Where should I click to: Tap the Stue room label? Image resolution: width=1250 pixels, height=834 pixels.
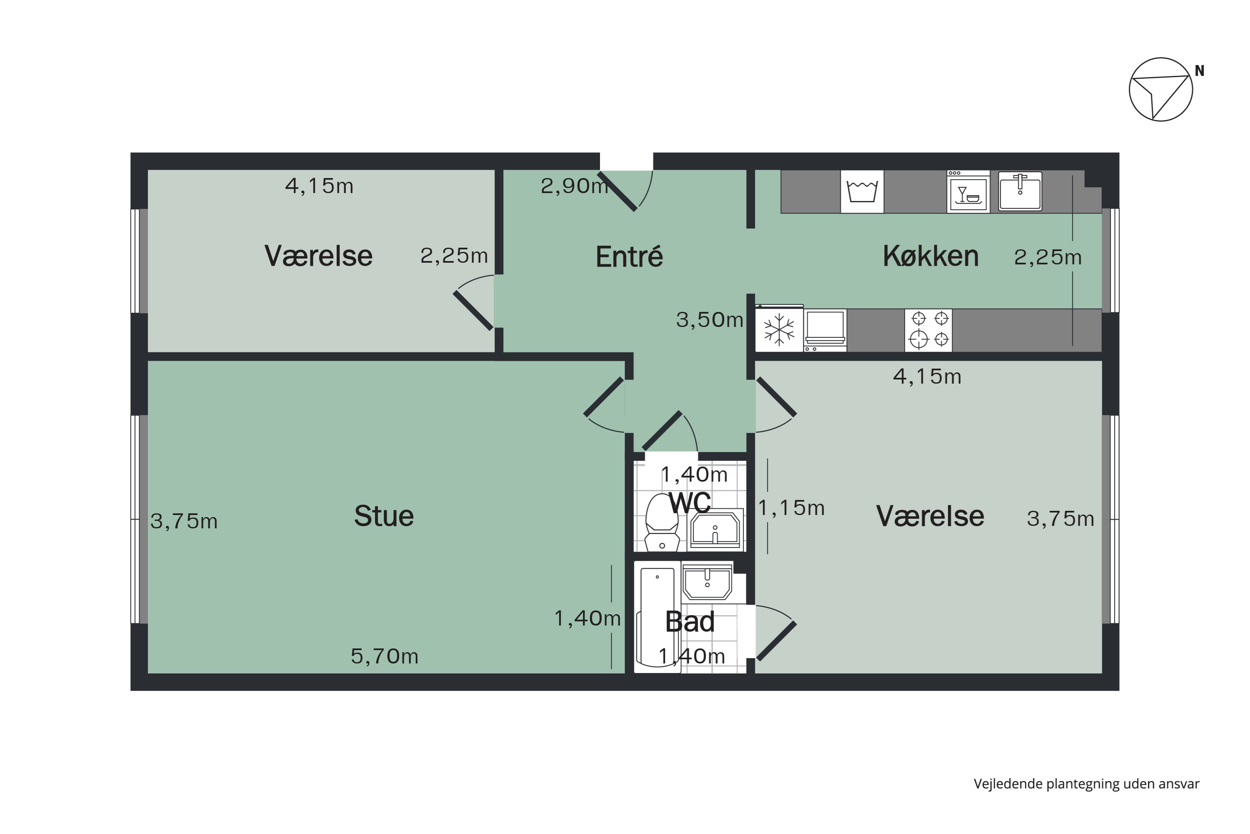384,516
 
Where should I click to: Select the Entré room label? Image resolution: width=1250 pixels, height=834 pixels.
629,257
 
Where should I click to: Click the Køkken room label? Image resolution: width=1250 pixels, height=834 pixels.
930,256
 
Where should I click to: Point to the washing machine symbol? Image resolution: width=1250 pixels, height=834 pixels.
862,192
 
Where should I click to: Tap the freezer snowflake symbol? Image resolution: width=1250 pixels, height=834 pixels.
779,330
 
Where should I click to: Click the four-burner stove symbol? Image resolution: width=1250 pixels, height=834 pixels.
928,330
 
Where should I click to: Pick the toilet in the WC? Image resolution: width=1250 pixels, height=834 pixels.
661,523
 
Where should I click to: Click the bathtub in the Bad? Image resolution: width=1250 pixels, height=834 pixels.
657,617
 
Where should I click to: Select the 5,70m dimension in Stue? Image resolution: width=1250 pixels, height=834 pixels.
384,657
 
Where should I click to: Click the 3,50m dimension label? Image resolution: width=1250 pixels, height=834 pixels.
710,320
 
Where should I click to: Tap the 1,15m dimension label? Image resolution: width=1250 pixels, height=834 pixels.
791,508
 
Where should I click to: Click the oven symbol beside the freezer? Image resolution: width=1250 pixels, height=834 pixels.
825,330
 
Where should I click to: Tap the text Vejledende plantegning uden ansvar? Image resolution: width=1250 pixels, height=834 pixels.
1086,784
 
